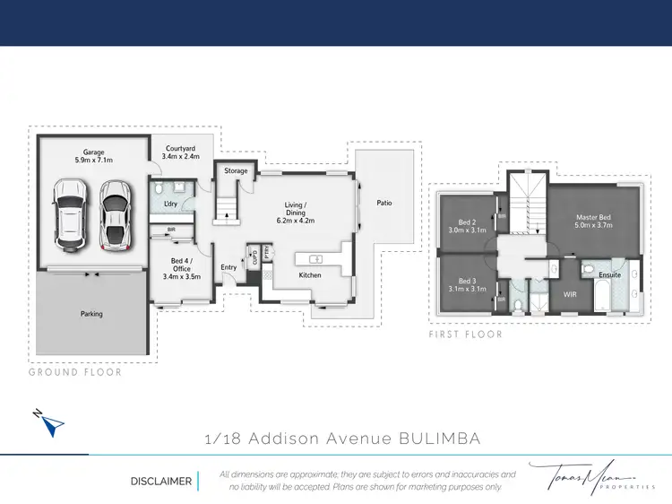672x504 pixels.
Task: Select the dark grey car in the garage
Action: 113,215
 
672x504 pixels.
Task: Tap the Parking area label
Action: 90,314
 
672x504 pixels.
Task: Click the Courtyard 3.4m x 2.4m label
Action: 179,152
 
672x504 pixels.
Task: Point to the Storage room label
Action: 236,170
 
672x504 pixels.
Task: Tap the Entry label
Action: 228,266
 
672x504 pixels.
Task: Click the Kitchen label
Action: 310,274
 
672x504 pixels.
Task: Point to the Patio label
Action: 384,203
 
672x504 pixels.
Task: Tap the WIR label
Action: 570,293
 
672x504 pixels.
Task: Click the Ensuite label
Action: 609,275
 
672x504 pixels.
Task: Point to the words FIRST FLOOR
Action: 465,335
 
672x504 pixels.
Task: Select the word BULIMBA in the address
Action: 437,439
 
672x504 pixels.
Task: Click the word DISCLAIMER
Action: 161,482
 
